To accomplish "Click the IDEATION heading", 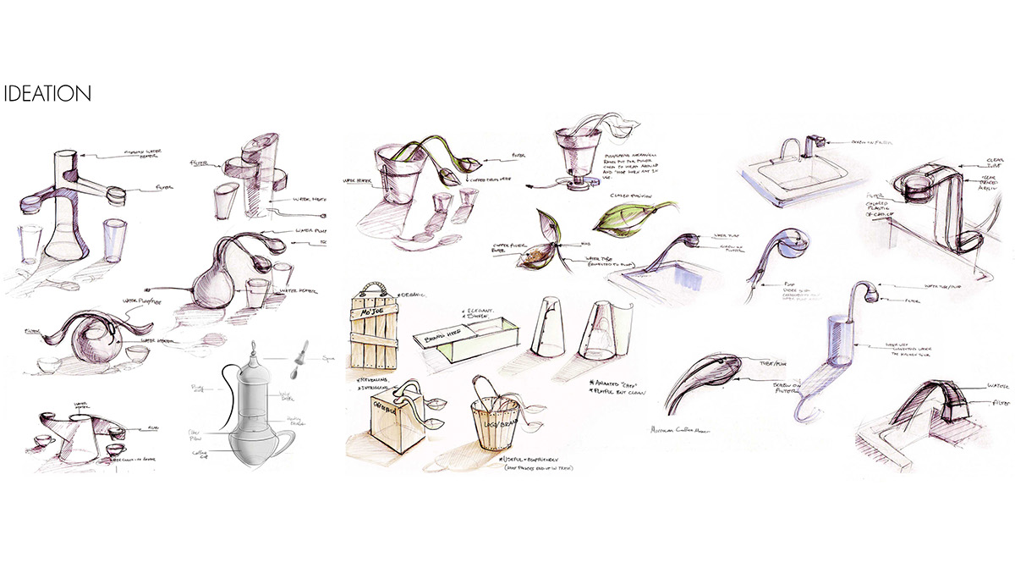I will pyautogui.click(x=47, y=94).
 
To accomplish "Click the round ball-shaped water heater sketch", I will pyautogui.click(x=89, y=343).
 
